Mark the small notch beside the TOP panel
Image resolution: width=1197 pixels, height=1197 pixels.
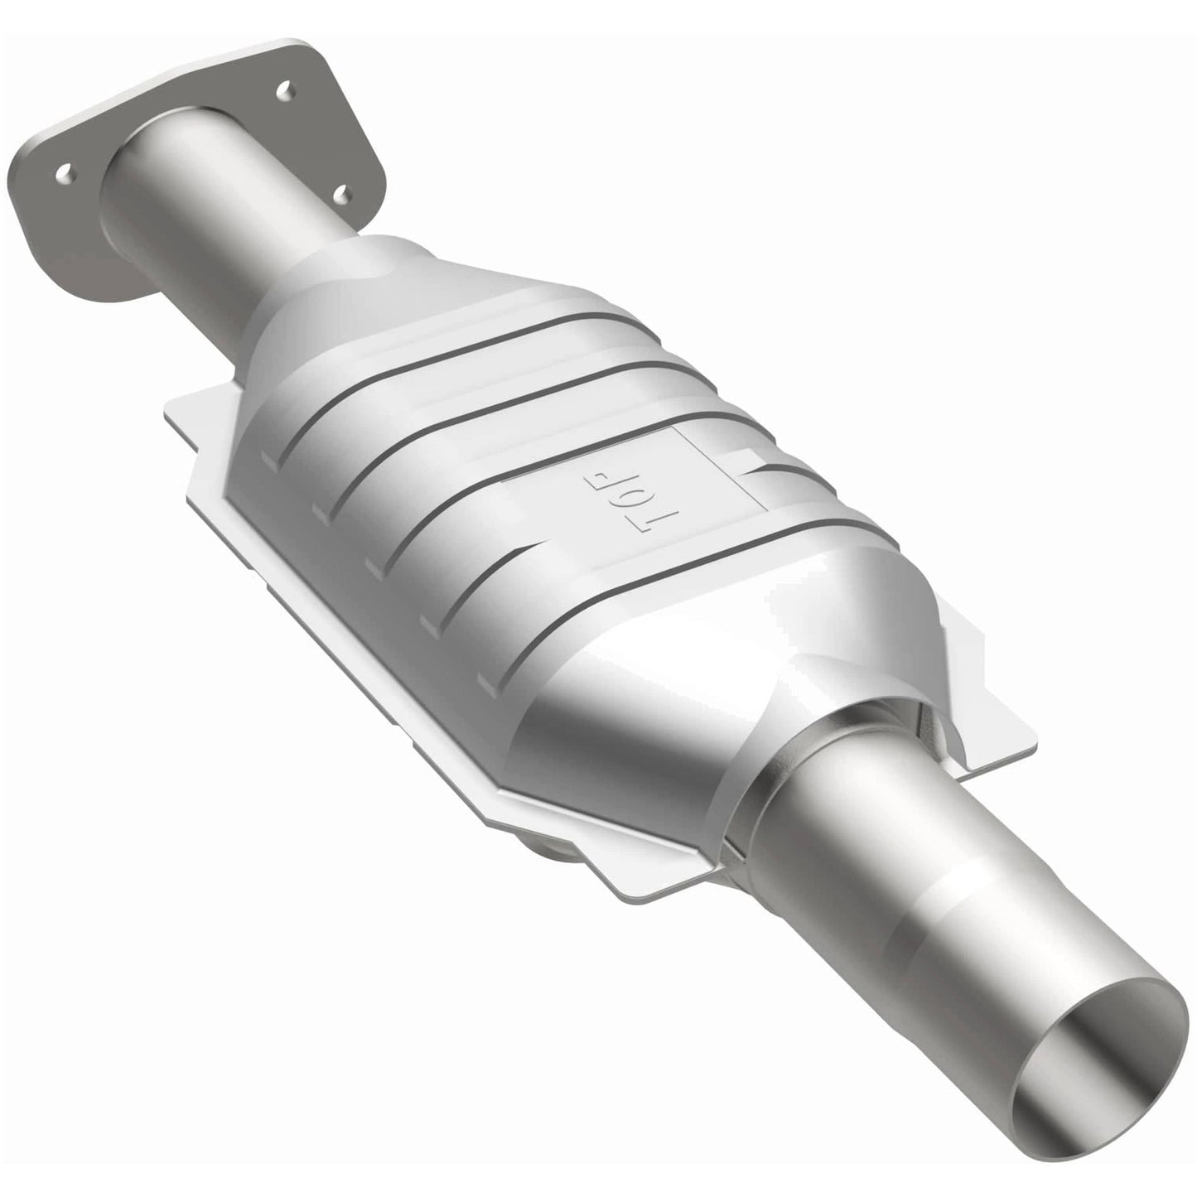click(750, 461)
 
